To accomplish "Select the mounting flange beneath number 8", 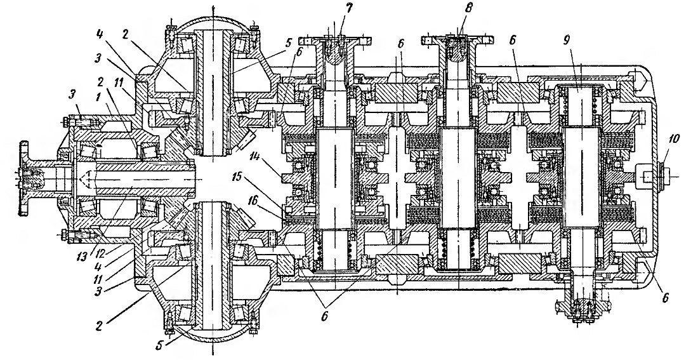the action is [x=460, y=41].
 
